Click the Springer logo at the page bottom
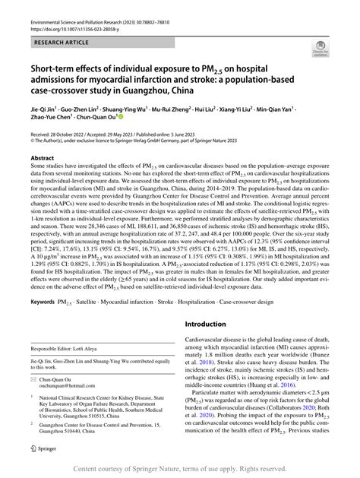tap(39, 448)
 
